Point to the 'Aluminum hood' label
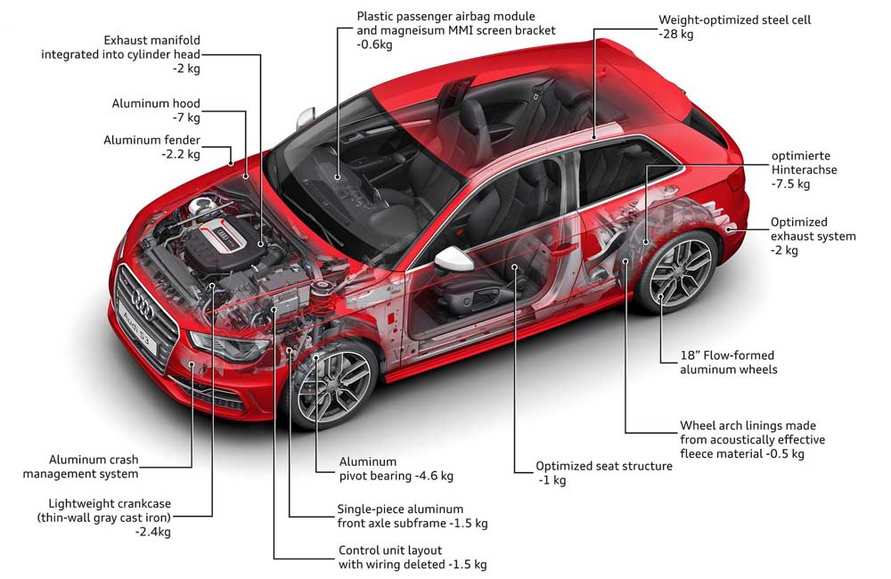coord(156,104)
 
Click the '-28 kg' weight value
coord(676,34)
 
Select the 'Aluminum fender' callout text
coord(151,140)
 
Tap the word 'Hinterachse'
coord(805,169)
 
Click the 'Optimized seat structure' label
coord(603,466)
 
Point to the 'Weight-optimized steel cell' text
coord(734,19)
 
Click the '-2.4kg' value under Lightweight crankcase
coord(152,532)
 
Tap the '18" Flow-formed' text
coord(730,355)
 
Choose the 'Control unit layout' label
coord(390,550)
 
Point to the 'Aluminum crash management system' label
coord(94,467)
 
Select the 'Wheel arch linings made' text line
coord(748,425)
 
